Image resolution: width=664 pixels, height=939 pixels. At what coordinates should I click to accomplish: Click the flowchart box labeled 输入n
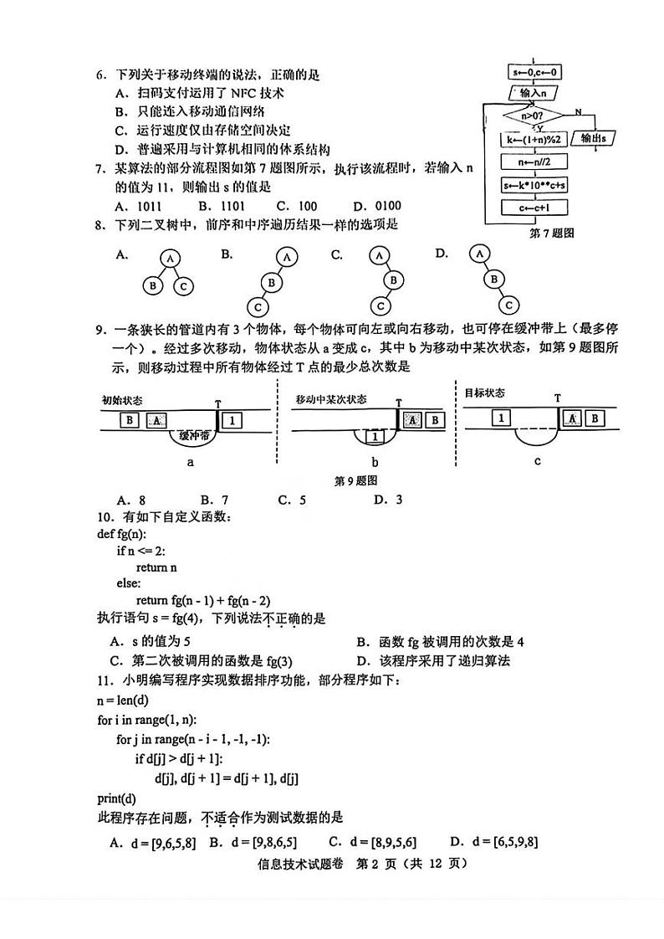pyautogui.click(x=534, y=93)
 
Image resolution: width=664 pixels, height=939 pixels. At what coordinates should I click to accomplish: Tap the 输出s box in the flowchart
pyautogui.click(x=594, y=137)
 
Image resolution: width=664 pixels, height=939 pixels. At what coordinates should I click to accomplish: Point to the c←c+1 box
pyautogui.click(x=534, y=207)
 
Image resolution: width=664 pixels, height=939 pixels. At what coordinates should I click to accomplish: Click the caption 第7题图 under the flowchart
pyautogui.click(x=552, y=233)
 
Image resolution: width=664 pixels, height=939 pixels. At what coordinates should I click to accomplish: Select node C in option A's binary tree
pyautogui.click(x=184, y=286)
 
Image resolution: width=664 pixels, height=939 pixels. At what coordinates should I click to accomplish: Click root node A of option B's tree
pyautogui.click(x=287, y=257)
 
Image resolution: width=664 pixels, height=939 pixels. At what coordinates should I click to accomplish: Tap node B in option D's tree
pyautogui.click(x=494, y=279)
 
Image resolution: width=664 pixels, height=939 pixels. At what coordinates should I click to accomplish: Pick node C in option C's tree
pyautogui.click(x=380, y=305)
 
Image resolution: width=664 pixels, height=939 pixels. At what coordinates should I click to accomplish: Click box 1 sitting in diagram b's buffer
pyautogui.click(x=375, y=436)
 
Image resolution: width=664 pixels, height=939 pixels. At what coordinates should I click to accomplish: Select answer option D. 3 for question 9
pyautogui.click(x=388, y=500)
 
